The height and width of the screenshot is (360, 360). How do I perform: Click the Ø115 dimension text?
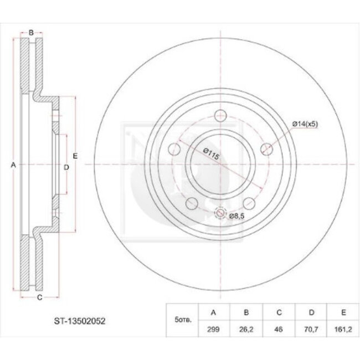coord(211,154)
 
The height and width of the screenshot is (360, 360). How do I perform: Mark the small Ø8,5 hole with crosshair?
coord(219,214)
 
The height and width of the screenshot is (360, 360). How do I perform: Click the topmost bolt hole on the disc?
coord(221,116)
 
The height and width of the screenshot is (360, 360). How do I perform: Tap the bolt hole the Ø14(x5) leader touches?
coord(266,148)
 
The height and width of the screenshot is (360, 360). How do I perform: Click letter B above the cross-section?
coord(31,32)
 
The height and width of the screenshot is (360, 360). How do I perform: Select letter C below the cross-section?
coord(39,299)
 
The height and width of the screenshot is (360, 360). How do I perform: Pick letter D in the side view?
coord(65,166)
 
